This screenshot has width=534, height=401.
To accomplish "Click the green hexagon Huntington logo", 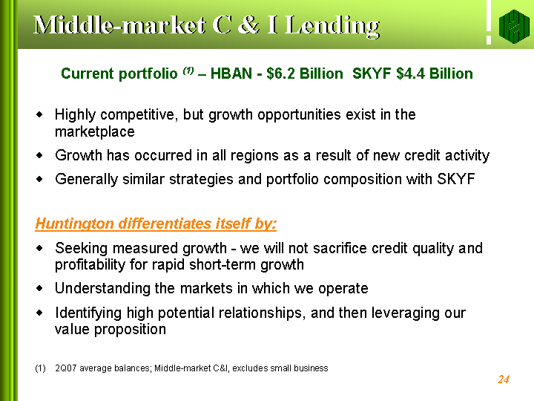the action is click(x=514, y=26).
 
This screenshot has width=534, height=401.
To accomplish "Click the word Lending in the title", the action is click(x=332, y=25).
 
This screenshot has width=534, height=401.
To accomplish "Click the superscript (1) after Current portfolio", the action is click(x=188, y=71).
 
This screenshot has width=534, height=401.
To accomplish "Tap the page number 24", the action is click(x=504, y=379).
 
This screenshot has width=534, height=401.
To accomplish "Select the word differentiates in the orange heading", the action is click(x=165, y=224).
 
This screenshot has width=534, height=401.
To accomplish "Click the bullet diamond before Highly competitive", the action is click(x=40, y=114).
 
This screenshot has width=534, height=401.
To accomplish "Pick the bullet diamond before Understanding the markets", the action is click(x=40, y=288).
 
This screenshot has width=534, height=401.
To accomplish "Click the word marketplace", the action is click(x=95, y=131).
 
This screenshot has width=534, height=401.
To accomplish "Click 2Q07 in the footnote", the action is click(x=66, y=368).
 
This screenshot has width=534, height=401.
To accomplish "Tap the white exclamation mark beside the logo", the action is click(x=489, y=22).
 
